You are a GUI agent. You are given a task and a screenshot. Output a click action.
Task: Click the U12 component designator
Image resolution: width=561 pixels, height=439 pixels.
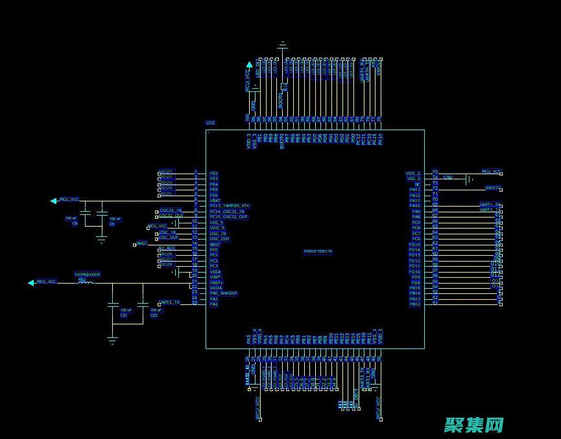pos(210,122)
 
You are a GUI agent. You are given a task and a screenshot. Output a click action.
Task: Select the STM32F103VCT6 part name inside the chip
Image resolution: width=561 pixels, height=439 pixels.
pos(318,251)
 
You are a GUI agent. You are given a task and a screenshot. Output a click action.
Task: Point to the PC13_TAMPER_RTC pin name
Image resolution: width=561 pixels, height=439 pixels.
pos(230,206)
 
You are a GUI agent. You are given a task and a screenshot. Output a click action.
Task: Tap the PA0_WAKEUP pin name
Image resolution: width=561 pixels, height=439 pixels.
pos(224,293)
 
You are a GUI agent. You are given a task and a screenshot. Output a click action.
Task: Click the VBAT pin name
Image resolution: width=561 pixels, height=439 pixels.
pos(215,201)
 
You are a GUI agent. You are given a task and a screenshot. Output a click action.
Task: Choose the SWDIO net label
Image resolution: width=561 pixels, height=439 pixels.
pos(493,188)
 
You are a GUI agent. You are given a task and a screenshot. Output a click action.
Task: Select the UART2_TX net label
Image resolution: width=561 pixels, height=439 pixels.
pos(170,302)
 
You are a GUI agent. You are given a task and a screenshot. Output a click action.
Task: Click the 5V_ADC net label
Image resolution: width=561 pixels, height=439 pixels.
pos(167,248)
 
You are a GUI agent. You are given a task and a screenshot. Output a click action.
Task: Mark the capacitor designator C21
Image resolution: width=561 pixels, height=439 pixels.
pos(124,315)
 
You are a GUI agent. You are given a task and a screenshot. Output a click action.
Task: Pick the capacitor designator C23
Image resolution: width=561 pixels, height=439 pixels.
pos(154,315)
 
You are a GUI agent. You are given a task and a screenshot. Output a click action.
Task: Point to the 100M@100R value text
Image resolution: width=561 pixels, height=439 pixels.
pos(88,275)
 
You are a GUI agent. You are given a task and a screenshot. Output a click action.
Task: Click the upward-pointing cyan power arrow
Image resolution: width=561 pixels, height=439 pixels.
pos(249,65)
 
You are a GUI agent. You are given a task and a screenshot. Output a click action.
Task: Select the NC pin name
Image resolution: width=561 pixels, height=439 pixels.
pos(417,184)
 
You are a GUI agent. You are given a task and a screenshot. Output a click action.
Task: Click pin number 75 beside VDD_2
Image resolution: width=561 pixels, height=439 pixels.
pos(435,172)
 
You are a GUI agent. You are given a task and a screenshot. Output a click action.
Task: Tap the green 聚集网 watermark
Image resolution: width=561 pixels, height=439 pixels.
pos(474,425)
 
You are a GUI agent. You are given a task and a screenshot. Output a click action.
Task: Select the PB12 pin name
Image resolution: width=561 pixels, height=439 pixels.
pos(415,304)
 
